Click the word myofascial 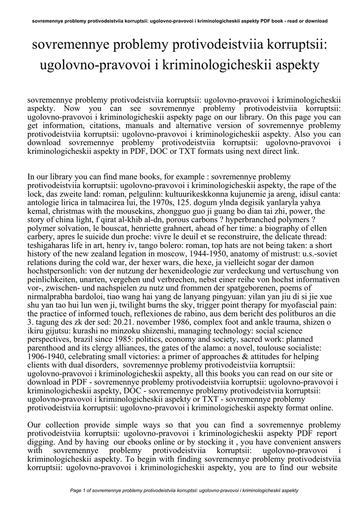(295, 305)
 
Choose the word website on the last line (323, 467)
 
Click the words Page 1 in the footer (79, 490)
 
